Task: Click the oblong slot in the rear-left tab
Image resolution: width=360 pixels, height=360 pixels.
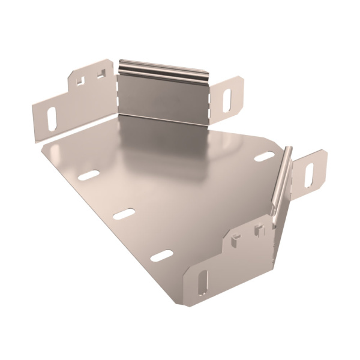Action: [x=52, y=118]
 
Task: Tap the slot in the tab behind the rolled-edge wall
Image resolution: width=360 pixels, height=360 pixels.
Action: [x=310, y=174]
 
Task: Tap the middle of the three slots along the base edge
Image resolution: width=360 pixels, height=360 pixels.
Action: [x=124, y=214]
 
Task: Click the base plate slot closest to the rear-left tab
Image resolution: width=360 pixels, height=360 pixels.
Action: [x=89, y=175]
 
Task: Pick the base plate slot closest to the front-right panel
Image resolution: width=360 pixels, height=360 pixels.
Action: [x=161, y=256]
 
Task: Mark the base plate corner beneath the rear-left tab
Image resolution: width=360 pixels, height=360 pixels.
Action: [x=41, y=144]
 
